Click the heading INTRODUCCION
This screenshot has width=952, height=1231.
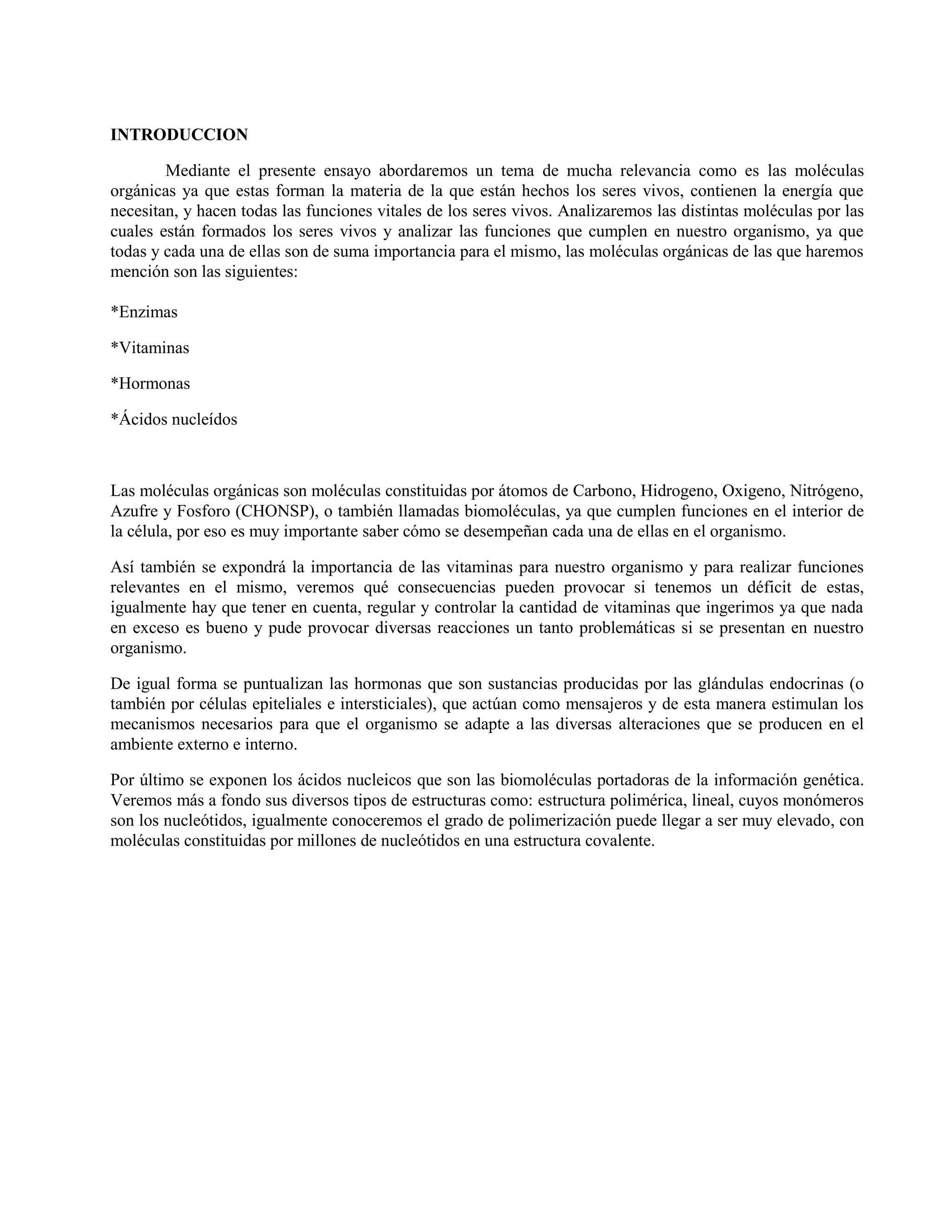tap(179, 135)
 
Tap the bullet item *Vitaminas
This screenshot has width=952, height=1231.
tap(150, 348)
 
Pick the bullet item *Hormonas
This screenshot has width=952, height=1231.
tap(150, 384)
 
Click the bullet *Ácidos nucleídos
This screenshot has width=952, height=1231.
tap(174, 419)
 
